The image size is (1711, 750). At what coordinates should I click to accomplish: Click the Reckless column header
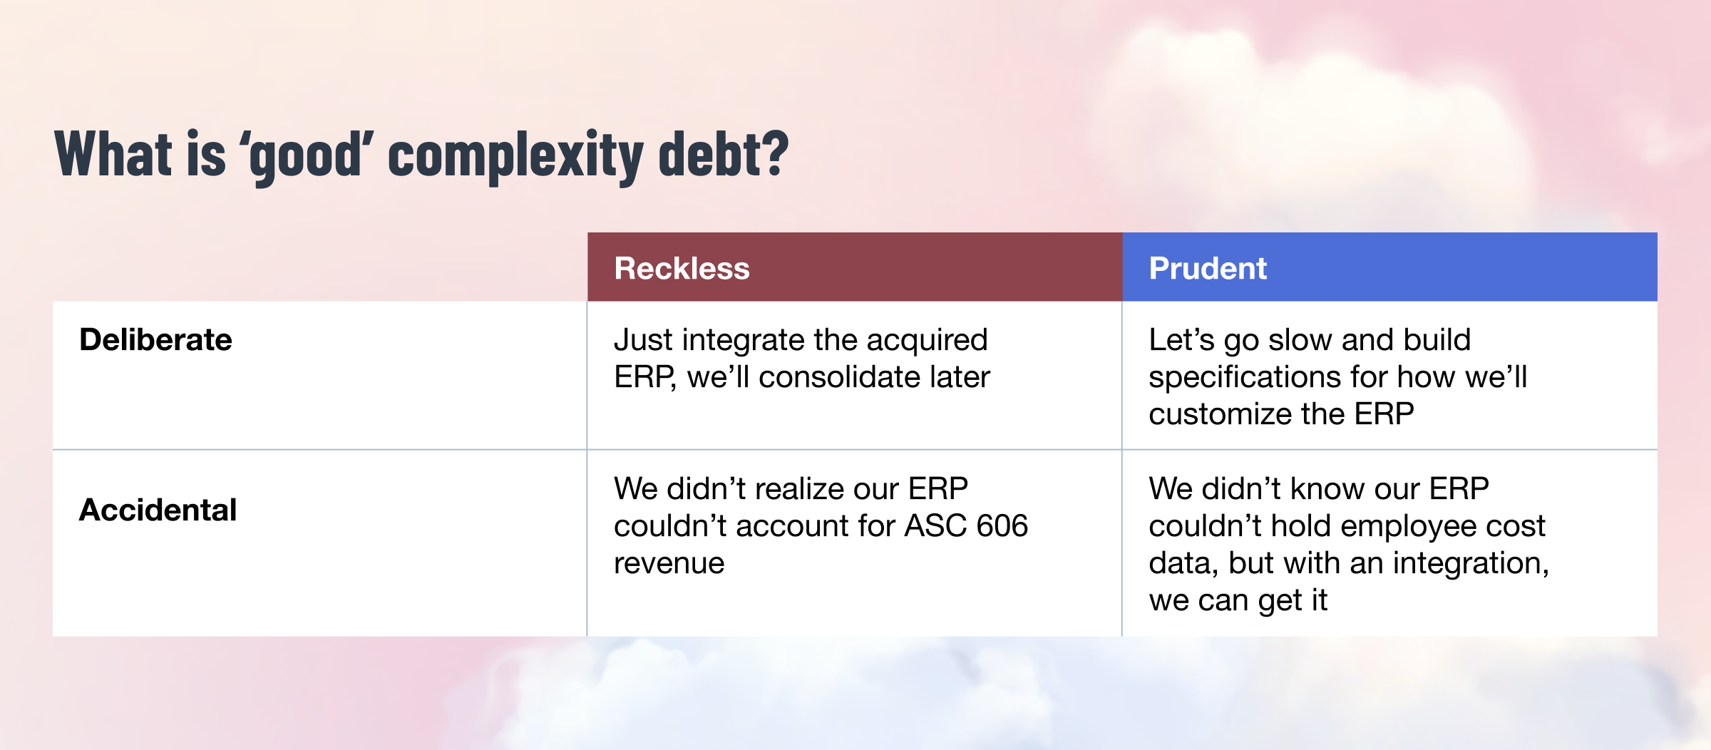[682, 268]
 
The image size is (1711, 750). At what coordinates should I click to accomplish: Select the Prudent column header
[1208, 268]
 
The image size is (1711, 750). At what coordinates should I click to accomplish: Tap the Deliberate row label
[155, 339]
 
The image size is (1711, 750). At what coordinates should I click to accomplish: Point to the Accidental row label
[158, 510]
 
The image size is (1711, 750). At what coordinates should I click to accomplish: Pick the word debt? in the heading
[724, 153]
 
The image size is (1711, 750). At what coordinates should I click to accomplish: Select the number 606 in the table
[1002, 526]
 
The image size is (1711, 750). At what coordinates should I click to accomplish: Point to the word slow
[1300, 340]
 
